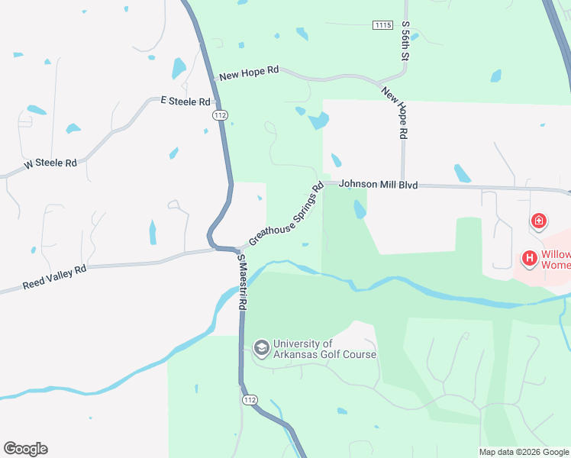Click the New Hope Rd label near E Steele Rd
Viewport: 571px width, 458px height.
click(x=249, y=73)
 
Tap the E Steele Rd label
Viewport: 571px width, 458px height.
click(x=185, y=101)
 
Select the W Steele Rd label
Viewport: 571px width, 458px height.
click(x=50, y=163)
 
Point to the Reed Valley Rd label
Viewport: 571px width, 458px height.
click(x=54, y=276)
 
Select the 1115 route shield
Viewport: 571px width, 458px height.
click(x=383, y=25)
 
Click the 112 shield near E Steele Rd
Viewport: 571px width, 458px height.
click(x=220, y=114)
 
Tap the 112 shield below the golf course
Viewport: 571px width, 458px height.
click(x=249, y=400)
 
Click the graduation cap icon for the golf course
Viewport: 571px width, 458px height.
click(x=262, y=348)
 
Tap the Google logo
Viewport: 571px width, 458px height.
click(x=25, y=449)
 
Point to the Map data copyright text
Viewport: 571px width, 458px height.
click(x=524, y=452)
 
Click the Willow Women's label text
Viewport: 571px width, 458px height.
click(x=556, y=260)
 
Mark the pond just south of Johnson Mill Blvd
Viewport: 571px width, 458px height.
click(x=360, y=208)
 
